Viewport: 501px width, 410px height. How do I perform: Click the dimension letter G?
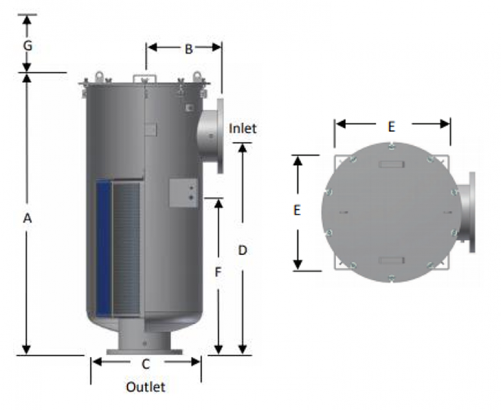(x=28, y=46)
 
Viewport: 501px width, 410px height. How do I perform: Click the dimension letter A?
(x=28, y=219)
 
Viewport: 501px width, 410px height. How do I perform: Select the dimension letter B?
(x=188, y=49)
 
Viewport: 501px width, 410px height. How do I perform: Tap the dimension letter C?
(x=146, y=364)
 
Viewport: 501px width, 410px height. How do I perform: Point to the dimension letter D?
(x=243, y=251)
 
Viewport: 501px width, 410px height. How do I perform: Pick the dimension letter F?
(x=218, y=272)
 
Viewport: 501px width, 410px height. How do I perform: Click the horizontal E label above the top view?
(x=391, y=127)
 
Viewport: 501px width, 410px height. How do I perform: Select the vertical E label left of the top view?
(x=297, y=210)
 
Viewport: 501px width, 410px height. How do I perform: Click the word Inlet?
(x=243, y=128)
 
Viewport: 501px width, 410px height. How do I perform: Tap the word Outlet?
(x=146, y=387)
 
